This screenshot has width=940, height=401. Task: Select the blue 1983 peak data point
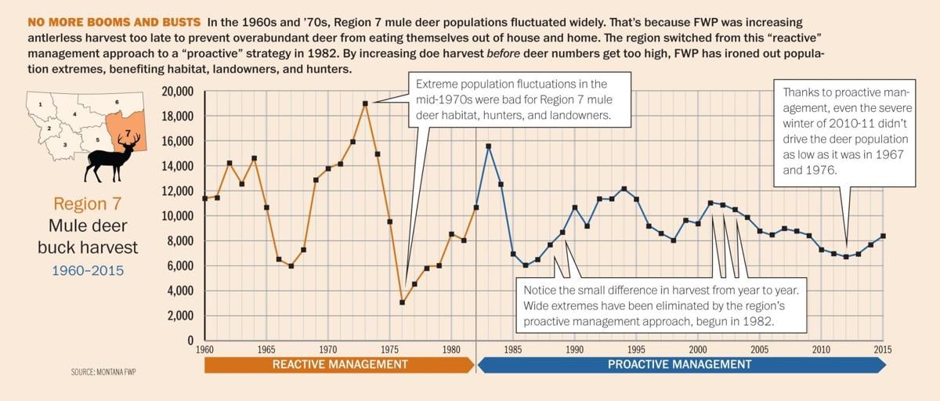click(488, 146)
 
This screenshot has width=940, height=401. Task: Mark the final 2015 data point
click(883, 236)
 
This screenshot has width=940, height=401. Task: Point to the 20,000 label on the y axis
click(176, 92)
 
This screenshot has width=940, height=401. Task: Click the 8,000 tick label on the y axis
click(179, 241)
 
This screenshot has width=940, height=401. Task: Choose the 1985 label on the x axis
click(513, 349)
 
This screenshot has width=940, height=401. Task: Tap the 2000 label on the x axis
click(697, 349)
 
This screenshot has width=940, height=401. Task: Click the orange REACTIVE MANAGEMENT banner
click(339, 365)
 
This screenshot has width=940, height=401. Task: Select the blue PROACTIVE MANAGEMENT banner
click(679, 365)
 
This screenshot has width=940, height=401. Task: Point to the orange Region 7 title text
click(88, 204)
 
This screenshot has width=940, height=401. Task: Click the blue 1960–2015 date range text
click(88, 270)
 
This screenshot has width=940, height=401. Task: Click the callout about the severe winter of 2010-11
click(844, 132)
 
